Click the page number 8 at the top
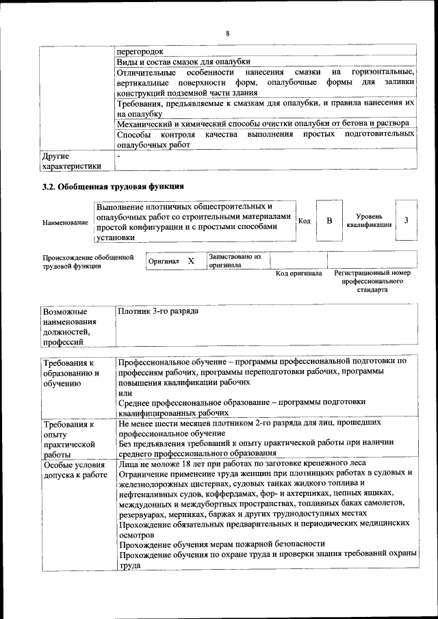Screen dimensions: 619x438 pos(227,34)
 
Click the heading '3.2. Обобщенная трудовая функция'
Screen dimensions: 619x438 pos(114,186)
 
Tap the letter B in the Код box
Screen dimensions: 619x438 pos(328,221)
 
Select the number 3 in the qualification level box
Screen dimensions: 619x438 pos(407,220)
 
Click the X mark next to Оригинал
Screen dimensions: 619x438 pos(191,261)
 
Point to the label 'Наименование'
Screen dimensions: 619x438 pos(65,222)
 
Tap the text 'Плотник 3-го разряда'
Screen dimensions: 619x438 pos(158,311)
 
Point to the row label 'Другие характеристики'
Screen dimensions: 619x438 pos(71,161)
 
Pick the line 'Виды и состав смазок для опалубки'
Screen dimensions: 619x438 pos(183,61)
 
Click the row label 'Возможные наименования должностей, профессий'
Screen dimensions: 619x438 pos(69,326)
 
